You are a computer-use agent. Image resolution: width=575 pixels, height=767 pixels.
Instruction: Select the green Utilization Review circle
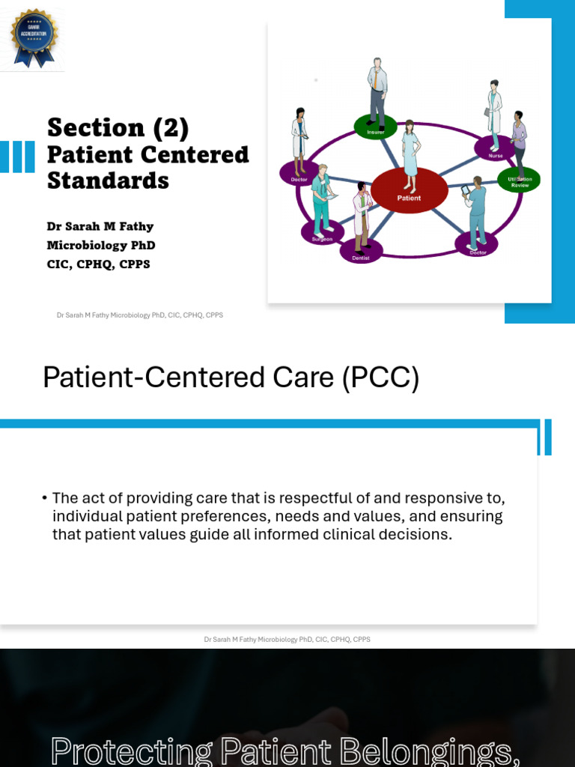pyautogui.click(x=519, y=181)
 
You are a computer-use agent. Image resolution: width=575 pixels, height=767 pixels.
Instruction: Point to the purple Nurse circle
pyautogui.click(x=495, y=149)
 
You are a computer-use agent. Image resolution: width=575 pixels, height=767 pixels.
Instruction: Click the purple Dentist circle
pyautogui.click(x=361, y=252)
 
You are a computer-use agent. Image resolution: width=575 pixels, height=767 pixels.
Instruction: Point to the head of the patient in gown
pyautogui.click(x=409, y=125)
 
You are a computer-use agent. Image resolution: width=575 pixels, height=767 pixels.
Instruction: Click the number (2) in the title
pyautogui.click(x=171, y=128)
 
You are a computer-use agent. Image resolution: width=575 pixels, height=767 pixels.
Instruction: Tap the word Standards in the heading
pyautogui.click(x=108, y=181)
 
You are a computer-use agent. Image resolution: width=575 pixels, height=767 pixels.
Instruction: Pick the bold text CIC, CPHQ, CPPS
pyautogui.click(x=98, y=264)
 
